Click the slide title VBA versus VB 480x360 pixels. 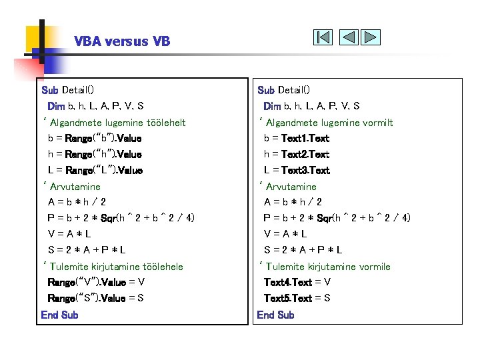122,41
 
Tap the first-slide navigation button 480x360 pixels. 323,37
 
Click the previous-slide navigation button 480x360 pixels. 349,37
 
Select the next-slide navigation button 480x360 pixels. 371,37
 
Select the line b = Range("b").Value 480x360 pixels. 95,139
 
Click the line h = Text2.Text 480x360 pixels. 297,155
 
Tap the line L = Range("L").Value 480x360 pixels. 95,171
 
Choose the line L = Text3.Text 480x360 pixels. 297,171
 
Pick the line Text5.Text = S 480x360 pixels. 297,299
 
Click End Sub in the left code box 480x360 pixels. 59,315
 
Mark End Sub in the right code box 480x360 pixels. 275,315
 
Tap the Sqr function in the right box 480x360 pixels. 325,219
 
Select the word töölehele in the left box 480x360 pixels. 161,267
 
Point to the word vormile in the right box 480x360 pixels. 375,267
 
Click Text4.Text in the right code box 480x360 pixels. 287,283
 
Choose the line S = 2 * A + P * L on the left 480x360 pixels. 87,251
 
